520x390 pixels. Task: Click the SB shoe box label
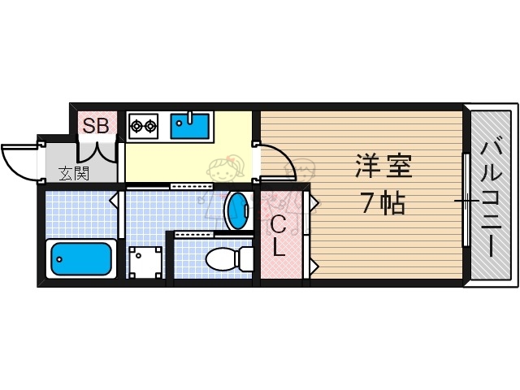[97, 126]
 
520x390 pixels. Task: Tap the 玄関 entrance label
[74, 173]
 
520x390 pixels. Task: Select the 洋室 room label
[383, 167]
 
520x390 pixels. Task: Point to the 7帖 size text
[383, 204]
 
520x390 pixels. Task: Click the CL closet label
[278, 236]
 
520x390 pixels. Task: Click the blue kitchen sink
[189, 126]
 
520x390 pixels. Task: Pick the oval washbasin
[237, 210]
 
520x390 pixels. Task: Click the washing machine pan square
[145, 262]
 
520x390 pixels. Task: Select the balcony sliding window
[466, 199]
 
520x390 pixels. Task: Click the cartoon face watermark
[223, 173]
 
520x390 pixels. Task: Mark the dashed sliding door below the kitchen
[192, 186]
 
